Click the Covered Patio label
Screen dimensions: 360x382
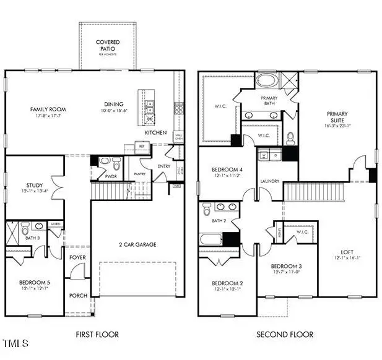point(108,45)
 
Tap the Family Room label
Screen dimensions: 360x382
point(48,109)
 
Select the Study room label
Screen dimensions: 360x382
point(34,185)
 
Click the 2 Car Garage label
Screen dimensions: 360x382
point(137,244)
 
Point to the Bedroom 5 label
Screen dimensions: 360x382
point(34,283)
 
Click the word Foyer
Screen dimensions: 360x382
point(77,257)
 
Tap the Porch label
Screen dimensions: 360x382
point(78,295)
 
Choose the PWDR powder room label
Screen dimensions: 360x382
point(111,176)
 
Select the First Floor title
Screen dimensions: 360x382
point(97,335)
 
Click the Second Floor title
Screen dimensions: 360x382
point(285,335)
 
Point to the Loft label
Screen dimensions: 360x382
point(347,252)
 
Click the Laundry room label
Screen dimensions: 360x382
point(270,181)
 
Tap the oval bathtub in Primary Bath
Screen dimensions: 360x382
point(267,80)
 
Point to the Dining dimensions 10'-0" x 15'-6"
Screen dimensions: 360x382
point(114,110)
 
